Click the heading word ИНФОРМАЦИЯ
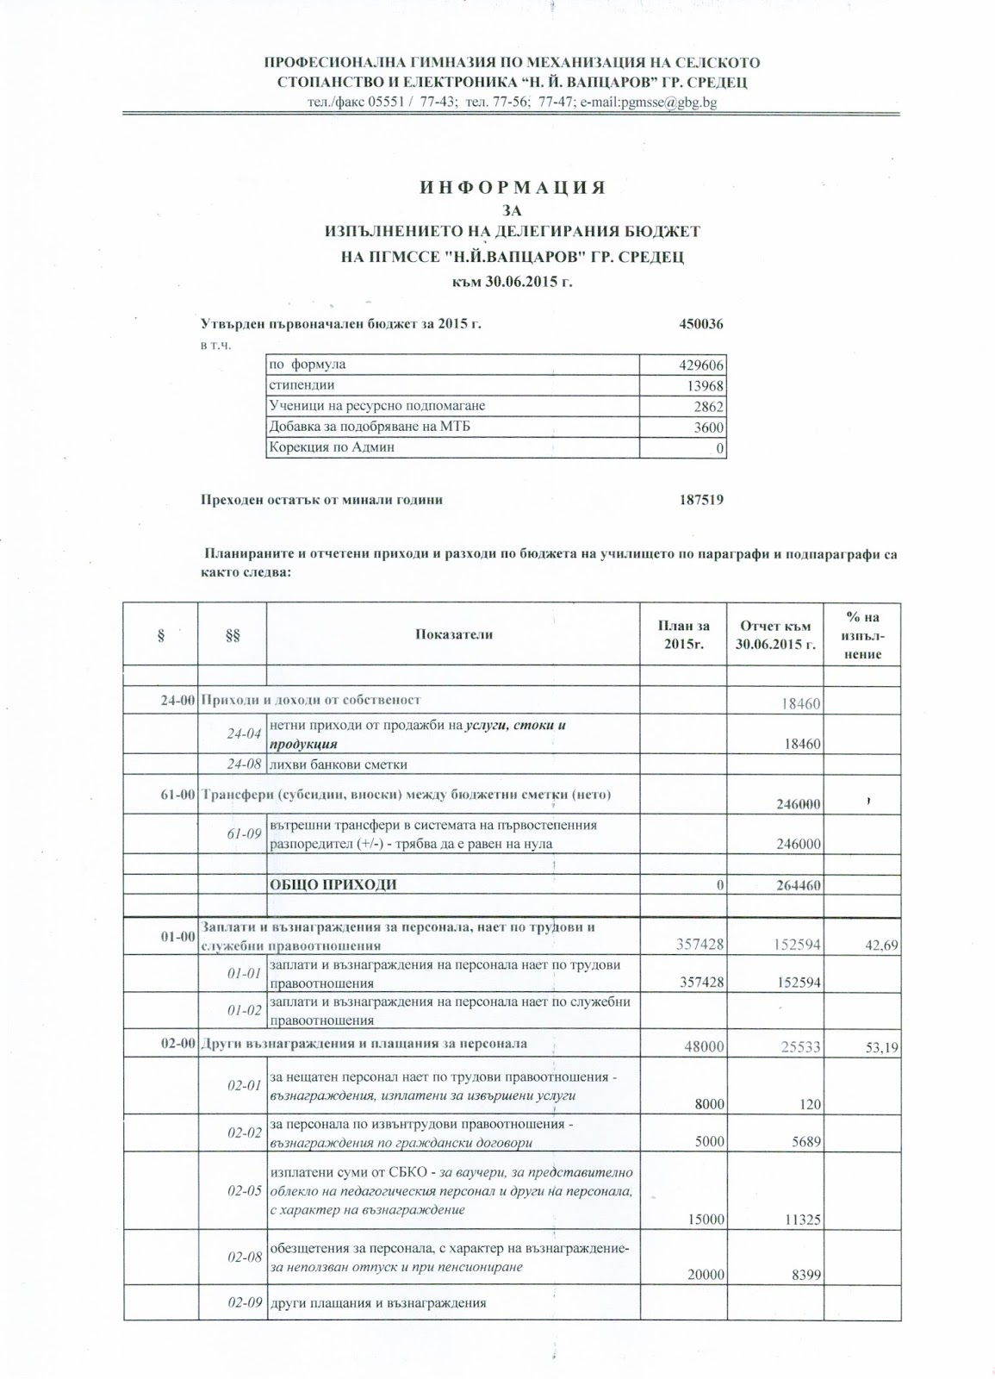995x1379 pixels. tap(513, 188)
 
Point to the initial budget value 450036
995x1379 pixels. tap(701, 325)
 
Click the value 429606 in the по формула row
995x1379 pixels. tap(702, 365)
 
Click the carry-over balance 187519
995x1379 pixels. tap(701, 500)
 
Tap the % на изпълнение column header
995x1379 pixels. tap(862, 635)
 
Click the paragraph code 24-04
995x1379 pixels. tap(244, 734)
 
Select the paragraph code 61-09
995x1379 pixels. tap(244, 834)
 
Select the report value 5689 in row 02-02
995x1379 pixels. tap(805, 1142)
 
